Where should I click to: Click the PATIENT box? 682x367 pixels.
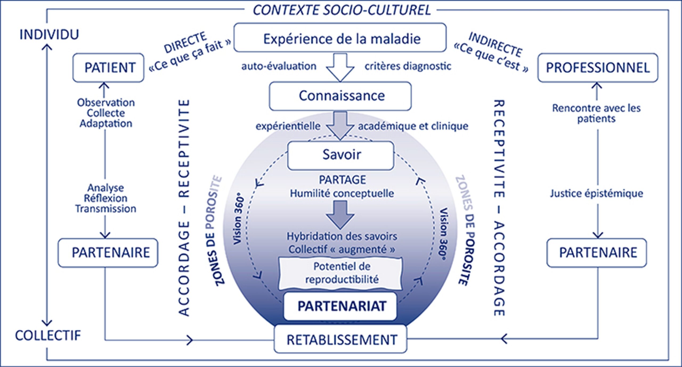[x=108, y=67]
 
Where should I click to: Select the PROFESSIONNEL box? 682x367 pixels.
[x=598, y=67]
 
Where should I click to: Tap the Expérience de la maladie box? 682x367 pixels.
[x=340, y=38]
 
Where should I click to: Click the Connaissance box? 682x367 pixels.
[x=340, y=96]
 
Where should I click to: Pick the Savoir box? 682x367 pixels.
[x=341, y=155]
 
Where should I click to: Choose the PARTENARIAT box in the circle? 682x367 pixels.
[x=340, y=306]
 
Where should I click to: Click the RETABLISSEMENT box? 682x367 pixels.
[x=340, y=339]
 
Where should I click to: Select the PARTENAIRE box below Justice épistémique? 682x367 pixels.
[x=597, y=253]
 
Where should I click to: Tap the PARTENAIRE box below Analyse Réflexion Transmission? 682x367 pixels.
[x=108, y=253]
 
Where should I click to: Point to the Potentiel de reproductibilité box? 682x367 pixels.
[x=340, y=273]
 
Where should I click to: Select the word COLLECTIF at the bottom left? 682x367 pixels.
[x=48, y=336]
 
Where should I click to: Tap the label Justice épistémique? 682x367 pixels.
[x=597, y=193]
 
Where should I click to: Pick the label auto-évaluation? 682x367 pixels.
[x=279, y=66]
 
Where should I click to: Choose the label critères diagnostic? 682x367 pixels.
[x=408, y=66]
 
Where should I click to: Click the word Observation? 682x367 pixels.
[x=106, y=102]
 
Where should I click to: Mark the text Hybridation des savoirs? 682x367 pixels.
[x=342, y=236]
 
